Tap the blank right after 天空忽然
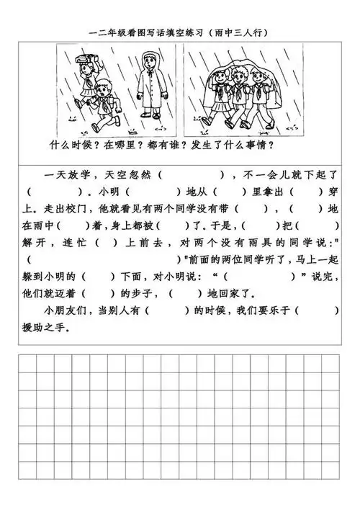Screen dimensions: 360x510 190,175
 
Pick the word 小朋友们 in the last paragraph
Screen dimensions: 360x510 64,310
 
